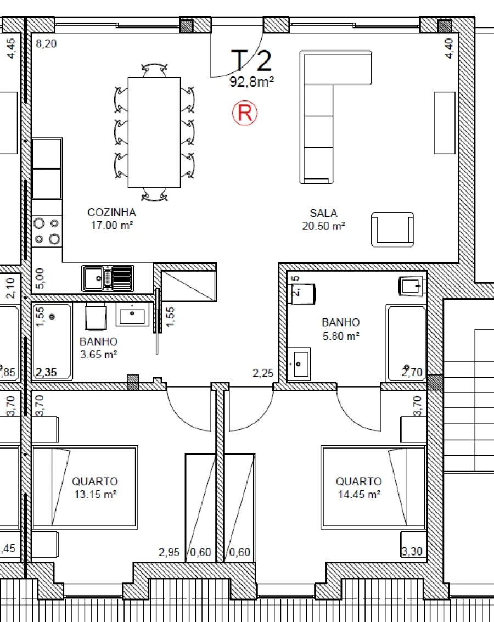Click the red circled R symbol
[245, 113]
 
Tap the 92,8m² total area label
[251, 82]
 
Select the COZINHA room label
[111, 212]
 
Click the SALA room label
[323, 213]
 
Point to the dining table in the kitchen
[154, 132]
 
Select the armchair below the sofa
[392, 229]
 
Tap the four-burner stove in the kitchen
[47, 231]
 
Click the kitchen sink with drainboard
[108, 278]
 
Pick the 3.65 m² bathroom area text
[98, 355]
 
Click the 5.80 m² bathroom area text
[341, 336]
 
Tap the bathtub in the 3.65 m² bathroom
[52, 341]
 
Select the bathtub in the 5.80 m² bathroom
[406, 343]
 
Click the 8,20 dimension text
[46, 44]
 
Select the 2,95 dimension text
[170, 552]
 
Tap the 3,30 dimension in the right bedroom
[412, 552]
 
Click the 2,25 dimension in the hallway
[263, 374]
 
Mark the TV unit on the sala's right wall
[444, 122]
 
